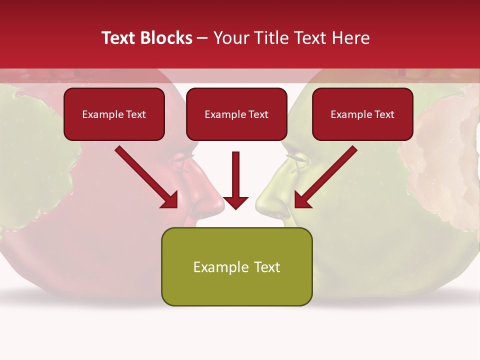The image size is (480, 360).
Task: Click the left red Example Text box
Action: [x=114, y=114]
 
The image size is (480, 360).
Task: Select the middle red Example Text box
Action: [x=236, y=114]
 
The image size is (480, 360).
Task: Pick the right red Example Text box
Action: [x=362, y=114]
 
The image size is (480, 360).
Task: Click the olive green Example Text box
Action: [x=236, y=266]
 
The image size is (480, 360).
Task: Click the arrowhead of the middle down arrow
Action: [x=236, y=202]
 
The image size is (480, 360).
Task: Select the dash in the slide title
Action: [x=202, y=38]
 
